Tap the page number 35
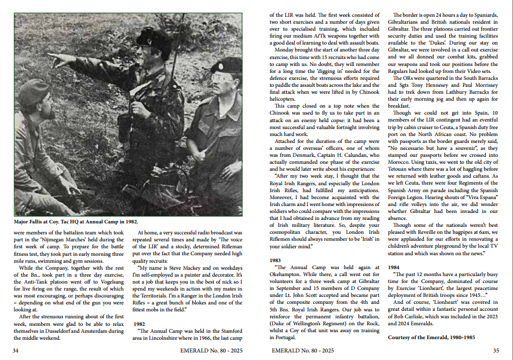(496, 350)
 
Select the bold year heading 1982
(143, 325)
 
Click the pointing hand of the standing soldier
(56, 58)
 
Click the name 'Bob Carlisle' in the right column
(409, 318)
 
